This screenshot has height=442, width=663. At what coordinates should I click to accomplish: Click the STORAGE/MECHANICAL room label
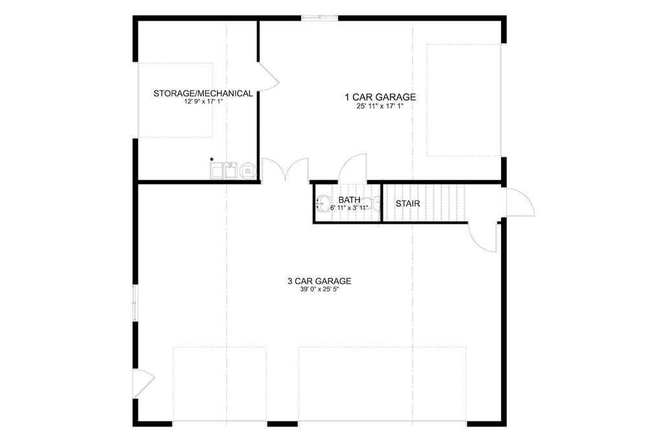(x=203, y=94)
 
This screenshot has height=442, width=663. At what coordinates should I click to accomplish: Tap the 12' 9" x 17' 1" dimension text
(x=203, y=102)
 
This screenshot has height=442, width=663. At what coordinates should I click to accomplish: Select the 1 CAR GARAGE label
(x=379, y=97)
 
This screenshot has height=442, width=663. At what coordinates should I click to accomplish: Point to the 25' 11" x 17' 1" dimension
(x=379, y=106)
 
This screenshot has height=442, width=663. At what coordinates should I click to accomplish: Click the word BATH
(x=349, y=200)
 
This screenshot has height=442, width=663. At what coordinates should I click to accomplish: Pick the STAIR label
(x=408, y=203)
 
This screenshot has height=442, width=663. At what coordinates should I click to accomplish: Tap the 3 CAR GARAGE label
(x=319, y=281)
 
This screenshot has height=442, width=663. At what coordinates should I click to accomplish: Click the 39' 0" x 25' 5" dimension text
(x=319, y=290)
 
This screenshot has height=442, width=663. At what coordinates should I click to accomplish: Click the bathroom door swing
(x=353, y=168)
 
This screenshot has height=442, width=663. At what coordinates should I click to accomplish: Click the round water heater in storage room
(x=247, y=171)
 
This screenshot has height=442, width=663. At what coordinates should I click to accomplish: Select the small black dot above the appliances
(x=211, y=159)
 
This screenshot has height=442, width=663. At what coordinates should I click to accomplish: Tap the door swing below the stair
(x=482, y=236)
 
